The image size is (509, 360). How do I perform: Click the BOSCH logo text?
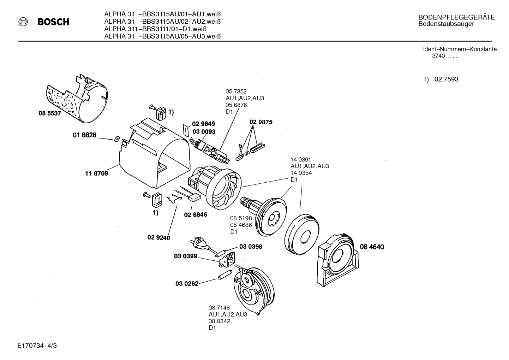pyautogui.click(x=53, y=22)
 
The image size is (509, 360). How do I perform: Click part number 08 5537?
pyautogui.click(x=49, y=114)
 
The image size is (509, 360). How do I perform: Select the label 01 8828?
pyautogui.click(x=84, y=135)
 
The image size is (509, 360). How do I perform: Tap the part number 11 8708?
pyautogui.click(x=96, y=173)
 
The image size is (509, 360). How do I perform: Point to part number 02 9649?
pyautogui.click(x=203, y=124)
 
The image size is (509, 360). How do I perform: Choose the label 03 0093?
pyautogui.click(x=204, y=131)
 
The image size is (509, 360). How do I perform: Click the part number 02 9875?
pyautogui.click(x=261, y=122)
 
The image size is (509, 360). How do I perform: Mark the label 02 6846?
pyautogui.click(x=196, y=214)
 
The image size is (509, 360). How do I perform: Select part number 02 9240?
pyautogui.click(x=158, y=238)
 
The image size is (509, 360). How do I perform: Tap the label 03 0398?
pyautogui.click(x=251, y=247)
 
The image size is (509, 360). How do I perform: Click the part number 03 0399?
pyautogui.click(x=185, y=256)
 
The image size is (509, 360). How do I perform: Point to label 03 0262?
pyautogui.click(x=187, y=283)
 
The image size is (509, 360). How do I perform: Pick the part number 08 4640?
pyautogui.click(x=372, y=247)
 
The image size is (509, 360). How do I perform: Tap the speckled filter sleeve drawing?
pyautogui.click(x=77, y=96)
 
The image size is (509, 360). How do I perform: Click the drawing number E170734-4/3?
pyautogui.click(x=37, y=345)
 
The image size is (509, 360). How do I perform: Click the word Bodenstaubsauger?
pyautogui.click(x=446, y=24)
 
